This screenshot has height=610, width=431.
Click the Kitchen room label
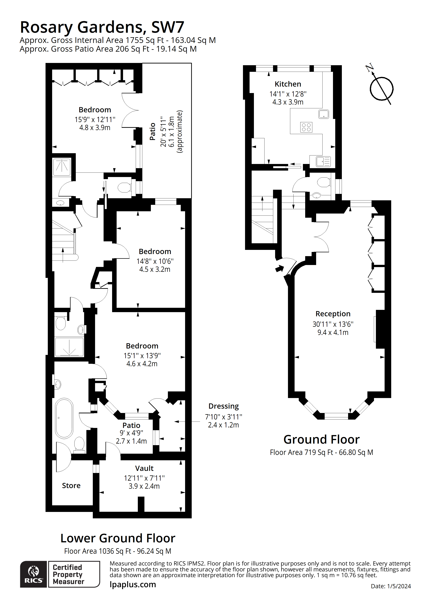click(x=288, y=84)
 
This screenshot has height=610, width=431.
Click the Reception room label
click(x=333, y=314)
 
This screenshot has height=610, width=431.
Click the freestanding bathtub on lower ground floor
click(x=64, y=418)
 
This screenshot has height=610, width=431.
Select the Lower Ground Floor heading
click(x=118, y=538)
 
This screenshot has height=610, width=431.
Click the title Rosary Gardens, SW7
click(x=102, y=27)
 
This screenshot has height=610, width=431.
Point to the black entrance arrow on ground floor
click(x=279, y=269)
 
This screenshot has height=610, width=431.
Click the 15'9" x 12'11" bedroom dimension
click(x=95, y=120)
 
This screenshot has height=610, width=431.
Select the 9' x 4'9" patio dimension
click(x=131, y=433)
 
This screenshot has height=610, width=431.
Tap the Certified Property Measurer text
click(x=68, y=574)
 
